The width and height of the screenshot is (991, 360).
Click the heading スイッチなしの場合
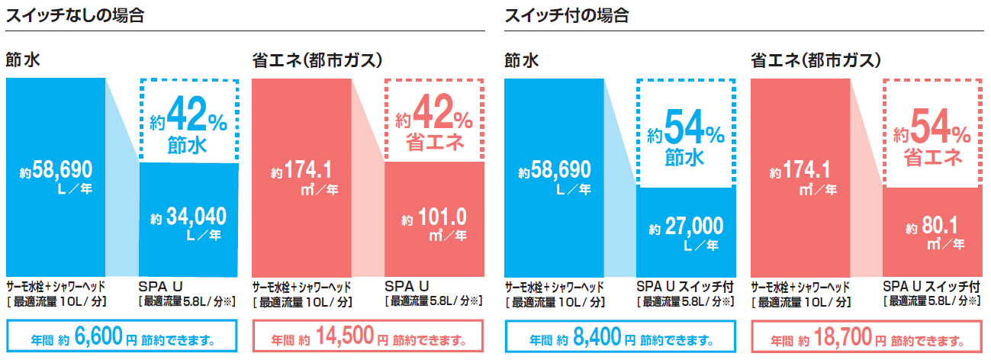click(x=75, y=14)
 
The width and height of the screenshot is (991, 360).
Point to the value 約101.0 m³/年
click(x=434, y=224)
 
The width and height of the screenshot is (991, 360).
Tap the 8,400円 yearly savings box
click(x=619, y=338)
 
